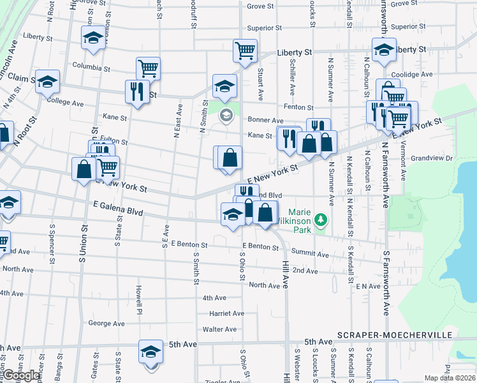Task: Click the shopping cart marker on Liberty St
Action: tap(246, 50)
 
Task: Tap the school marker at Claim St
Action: tap(47, 82)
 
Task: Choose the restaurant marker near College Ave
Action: tap(136, 91)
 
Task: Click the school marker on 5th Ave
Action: tap(151, 352)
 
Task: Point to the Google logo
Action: tap(20, 375)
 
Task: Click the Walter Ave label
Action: tap(219, 329)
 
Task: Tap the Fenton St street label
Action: tap(298, 108)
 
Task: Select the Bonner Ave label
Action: tap(265, 120)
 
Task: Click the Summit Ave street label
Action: tap(313, 255)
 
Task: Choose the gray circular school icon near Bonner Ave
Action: tap(224, 116)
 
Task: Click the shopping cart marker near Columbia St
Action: tap(148, 68)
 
